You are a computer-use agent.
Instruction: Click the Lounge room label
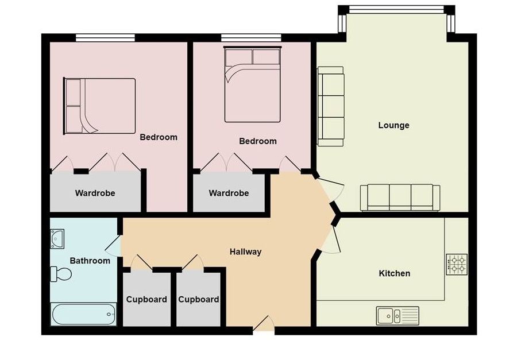point(393,125)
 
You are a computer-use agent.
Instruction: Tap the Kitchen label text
point(395,273)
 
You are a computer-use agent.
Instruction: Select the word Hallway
point(246,251)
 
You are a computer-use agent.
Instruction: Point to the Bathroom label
point(90,261)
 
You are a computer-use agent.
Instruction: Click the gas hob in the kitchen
point(457,264)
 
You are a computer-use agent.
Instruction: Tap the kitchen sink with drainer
point(397,316)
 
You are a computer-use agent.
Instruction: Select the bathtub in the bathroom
point(84,314)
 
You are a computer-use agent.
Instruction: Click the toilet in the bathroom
point(61,274)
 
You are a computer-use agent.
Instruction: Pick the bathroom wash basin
point(57,239)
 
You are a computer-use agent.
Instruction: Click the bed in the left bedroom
point(99,106)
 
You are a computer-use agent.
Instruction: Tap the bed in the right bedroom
point(252,84)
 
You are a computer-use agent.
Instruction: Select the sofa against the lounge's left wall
point(331,106)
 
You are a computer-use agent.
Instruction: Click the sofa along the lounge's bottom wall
point(400,198)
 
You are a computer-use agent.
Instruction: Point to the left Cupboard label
point(146,300)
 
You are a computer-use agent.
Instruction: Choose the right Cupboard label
point(198,300)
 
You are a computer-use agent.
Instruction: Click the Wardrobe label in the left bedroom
point(95,193)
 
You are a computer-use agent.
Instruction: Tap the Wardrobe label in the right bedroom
point(229,193)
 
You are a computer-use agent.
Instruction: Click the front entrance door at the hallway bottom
point(264,324)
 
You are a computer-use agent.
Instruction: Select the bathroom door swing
point(113,246)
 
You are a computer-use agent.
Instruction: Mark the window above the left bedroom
point(105,37)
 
